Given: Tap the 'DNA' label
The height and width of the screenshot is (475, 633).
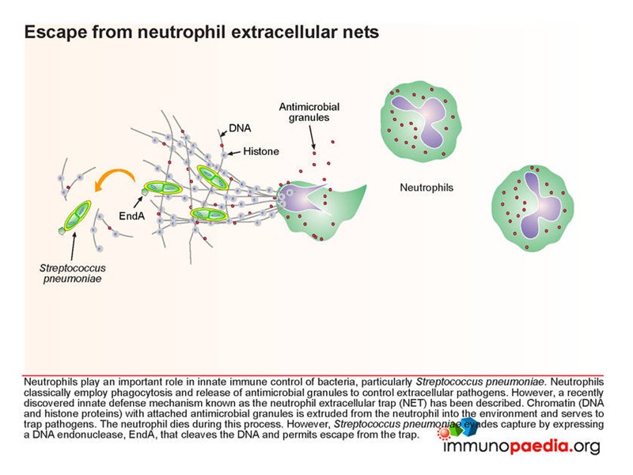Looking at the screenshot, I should [x=238, y=127].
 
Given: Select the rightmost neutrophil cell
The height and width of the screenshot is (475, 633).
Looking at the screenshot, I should [x=531, y=203].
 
